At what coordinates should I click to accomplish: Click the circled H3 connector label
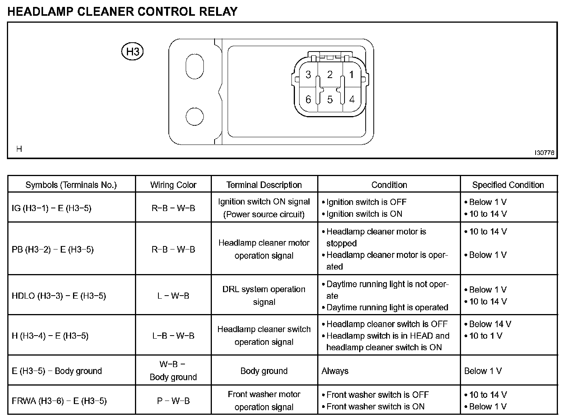[x=132, y=52]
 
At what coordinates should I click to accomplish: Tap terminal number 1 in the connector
[x=351, y=74]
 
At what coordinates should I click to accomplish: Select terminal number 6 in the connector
[x=308, y=100]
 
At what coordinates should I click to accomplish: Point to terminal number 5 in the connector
[x=330, y=100]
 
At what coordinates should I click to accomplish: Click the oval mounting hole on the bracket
[x=195, y=67]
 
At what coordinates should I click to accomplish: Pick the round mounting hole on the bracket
[x=195, y=116]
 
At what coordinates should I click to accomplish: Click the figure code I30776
[x=544, y=153]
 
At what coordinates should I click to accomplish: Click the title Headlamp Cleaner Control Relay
[x=122, y=12]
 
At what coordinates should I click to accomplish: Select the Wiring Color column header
[x=173, y=185]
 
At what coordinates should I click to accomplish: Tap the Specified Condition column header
[x=508, y=185]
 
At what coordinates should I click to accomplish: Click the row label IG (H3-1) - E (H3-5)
[x=52, y=208]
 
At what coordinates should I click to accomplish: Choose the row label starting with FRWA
[x=59, y=401]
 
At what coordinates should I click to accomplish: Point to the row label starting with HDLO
[x=58, y=296]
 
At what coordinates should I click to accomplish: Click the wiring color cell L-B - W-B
[x=173, y=336]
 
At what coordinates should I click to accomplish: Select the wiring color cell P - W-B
[x=173, y=401]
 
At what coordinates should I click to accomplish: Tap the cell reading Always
[x=335, y=371]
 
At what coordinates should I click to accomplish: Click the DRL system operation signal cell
[x=264, y=296]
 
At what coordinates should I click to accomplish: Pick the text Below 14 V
[x=490, y=324]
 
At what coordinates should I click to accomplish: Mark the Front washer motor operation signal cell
[x=264, y=401]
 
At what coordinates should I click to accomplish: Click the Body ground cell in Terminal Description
[x=264, y=371]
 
